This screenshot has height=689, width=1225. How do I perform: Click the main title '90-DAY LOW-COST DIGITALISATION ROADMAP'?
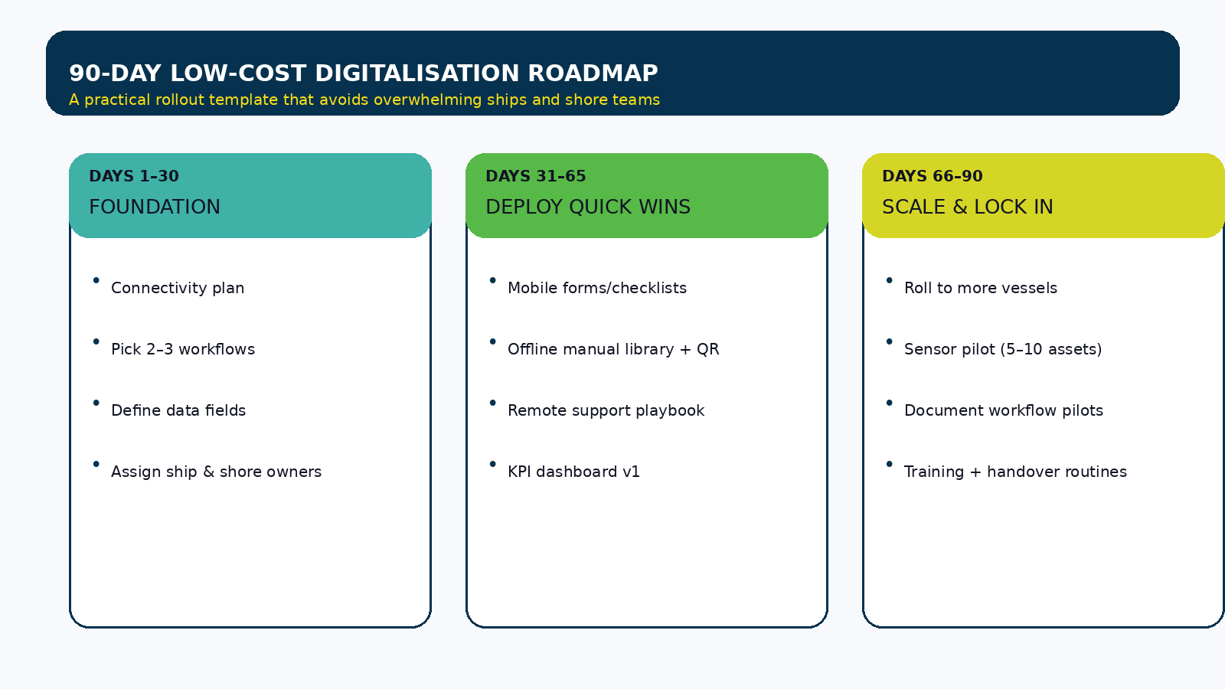pyautogui.click(x=363, y=73)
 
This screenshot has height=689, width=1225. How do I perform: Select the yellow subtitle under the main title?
pyautogui.click(x=364, y=100)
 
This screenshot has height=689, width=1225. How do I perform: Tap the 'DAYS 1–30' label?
pyautogui.click(x=134, y=176)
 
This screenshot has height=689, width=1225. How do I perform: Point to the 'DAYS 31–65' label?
pyautogui.click(x=535, y=176)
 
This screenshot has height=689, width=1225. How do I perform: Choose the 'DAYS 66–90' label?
pyautogui.click(x=932, y=176)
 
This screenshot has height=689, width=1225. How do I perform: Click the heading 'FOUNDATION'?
pyautogui.click(x=155, y=207)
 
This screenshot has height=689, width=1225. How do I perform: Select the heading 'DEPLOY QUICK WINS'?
pyautogui.click(x=588, y=207)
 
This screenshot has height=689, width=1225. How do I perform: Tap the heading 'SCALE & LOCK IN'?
pyautogui.click(x=967, y=207)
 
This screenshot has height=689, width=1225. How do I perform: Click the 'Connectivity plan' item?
pyautogui.click(x=178, y=288)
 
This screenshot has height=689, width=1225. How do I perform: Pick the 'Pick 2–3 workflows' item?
pyautogui.click(x=183, y=349)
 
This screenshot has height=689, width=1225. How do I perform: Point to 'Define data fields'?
pyautogui.click(x=178, y=410)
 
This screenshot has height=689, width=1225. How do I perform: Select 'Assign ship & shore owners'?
pyautogui.click(x=216, y=472)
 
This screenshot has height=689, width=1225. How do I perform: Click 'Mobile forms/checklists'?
pyautogui.click(x=597, y=288)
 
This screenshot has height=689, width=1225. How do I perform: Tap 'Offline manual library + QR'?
pyautogui.click(x=613, y=349)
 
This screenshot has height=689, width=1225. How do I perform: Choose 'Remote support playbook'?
pyautogui.click(x=606, y=410)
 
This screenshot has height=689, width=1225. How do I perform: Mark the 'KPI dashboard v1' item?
pyautogui.click(x=573, y=472)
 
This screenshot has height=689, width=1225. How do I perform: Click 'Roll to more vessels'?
pyautogui.click(x=980, y=288)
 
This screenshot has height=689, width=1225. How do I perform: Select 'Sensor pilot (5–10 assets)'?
pyautogui.click(x=1003, y=349)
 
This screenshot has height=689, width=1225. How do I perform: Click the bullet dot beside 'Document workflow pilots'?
pyautogui.click(x=889, y=403)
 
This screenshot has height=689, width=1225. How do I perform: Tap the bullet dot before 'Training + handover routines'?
pyautogui.click(x=889, y=464)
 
